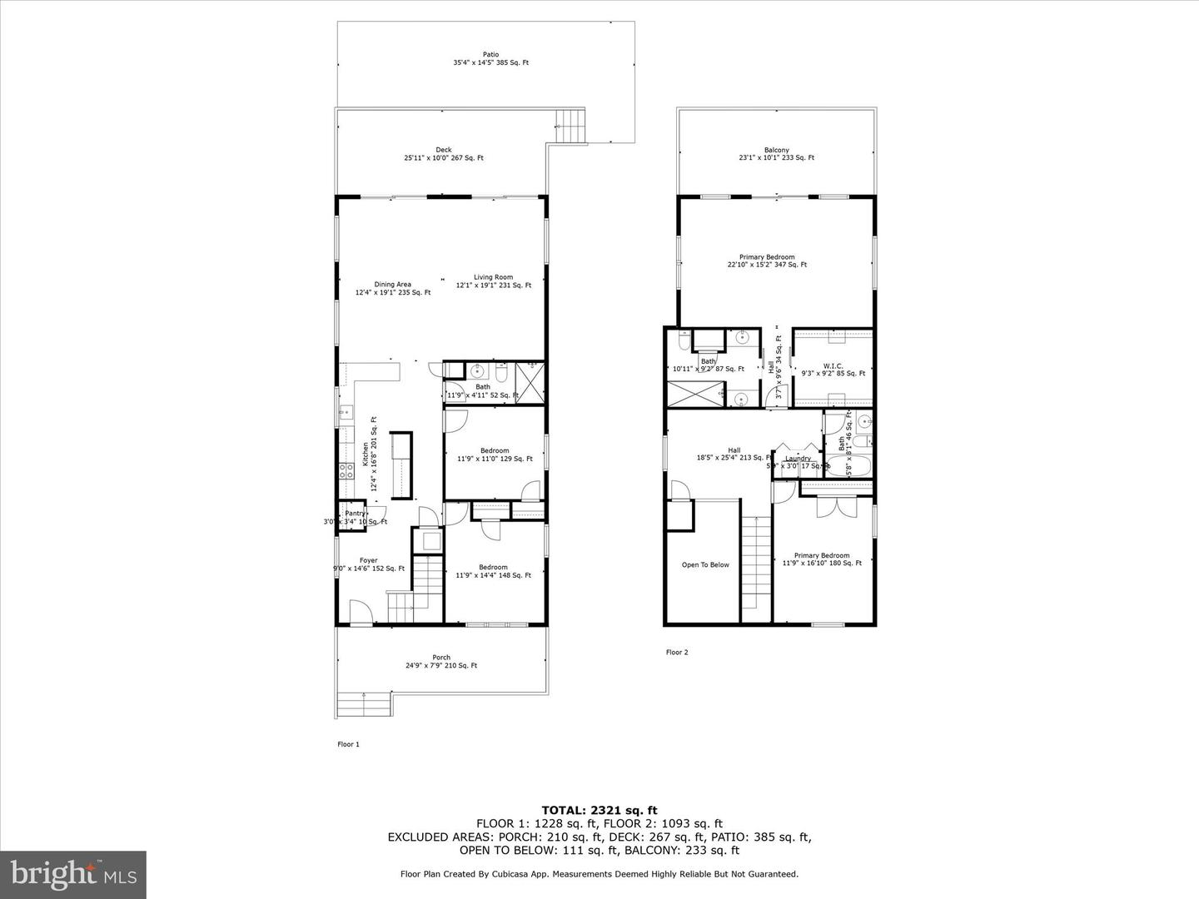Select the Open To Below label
[x=705, y=564]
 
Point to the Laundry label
[x=798, y=459]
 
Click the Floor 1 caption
[x=347, y=744]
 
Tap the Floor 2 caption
[x=676, y=653]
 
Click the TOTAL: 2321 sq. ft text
[x=599, y=809]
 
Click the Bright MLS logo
[x=73, y=874]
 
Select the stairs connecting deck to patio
[x=572, y=127]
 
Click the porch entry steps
[x=364, y=704]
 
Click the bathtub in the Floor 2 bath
[x=848, y=465]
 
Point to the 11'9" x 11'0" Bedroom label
[x=494, y=454]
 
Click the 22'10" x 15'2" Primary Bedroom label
[x=767, y=261]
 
